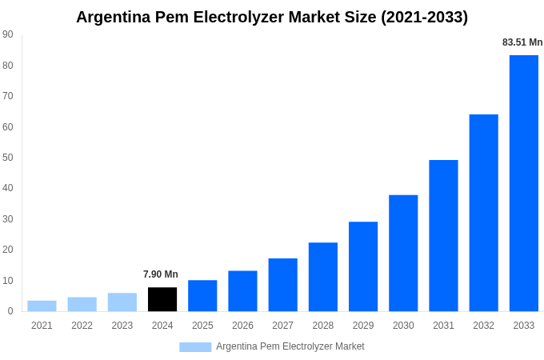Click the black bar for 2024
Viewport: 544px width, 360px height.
[x=162, y=299]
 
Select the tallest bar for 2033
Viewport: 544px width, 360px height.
[x=524, y=183]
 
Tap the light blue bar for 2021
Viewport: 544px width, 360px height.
[x=42, y=306]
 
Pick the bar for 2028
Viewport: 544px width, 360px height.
[x=323, y=277]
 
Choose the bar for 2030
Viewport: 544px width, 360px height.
[x=403, y=253]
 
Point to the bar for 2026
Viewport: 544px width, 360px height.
[x=242, y=291]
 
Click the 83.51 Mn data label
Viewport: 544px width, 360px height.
[x=522, y=42]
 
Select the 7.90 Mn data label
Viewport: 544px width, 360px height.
[x=161, y=274]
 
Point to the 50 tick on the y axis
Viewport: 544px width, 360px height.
[x=8, y=158]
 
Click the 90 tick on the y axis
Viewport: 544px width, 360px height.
[x=8, y=34]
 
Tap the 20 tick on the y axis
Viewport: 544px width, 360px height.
[x=8, y=250]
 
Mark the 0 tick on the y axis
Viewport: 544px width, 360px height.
[x=10, y=311]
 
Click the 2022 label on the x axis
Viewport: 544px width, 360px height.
[x=82, y=326]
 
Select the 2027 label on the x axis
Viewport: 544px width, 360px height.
[x=282, y=326]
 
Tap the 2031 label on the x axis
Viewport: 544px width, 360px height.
[x=443, y=326]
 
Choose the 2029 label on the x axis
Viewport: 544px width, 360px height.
[x=363, y=326]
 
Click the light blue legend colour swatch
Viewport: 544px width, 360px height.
[x=195, y=347]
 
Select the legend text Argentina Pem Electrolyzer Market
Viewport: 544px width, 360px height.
[x=290, y=346]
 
